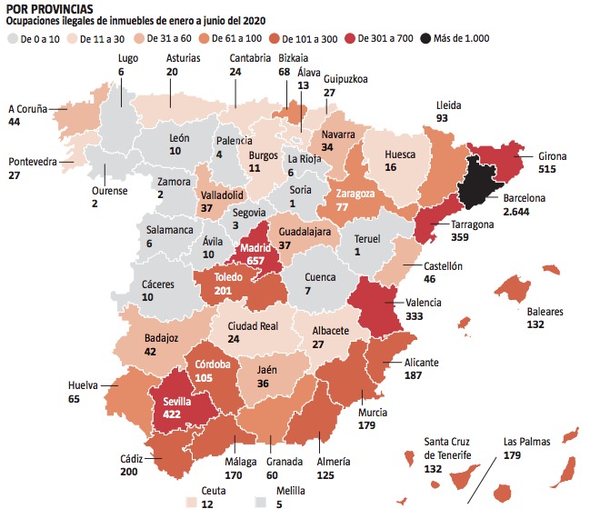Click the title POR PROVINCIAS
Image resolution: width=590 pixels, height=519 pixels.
coord(49,8)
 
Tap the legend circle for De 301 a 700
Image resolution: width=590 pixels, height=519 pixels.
coord(350,38)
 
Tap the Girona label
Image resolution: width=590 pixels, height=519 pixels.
coord(551,156)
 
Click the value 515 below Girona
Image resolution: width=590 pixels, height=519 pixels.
coord(545,169)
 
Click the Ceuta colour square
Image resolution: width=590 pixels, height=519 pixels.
coord(191,503)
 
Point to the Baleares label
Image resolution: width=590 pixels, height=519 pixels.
coord(546,312)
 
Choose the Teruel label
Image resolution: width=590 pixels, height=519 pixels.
coord(366,239)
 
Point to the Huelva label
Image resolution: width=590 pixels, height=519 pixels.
coord(85,385)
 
